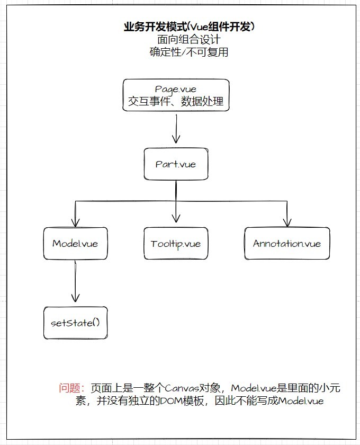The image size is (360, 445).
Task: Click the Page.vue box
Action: pyautogui.click(x=176, y=95)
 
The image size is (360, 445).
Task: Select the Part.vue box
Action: pyautogui.click(x=176, y=164)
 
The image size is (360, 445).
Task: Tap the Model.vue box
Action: pyautogui.click(x=75, y=244)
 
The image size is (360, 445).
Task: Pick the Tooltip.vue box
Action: pyautogui.click(x=175, y=244)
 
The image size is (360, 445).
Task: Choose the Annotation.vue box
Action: pyautogui.click(x=287, y=244)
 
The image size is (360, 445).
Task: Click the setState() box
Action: pyautogui.click(x=75, y=323)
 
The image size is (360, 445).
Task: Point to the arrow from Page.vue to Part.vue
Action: pyautogui.click(x=175, y=129)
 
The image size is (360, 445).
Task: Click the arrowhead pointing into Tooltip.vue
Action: pyautogui.click(x=175, y=219)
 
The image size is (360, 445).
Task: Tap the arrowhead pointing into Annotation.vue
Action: pyautogui.click(x=287, y=221)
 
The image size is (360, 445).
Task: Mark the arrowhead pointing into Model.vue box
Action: pyautogui.click(x=75, y=221)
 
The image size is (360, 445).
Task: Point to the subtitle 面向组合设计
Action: pyautogui.click(x=188, y=40)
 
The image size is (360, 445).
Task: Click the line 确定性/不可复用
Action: pyautogui.click(x=188, y=52)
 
